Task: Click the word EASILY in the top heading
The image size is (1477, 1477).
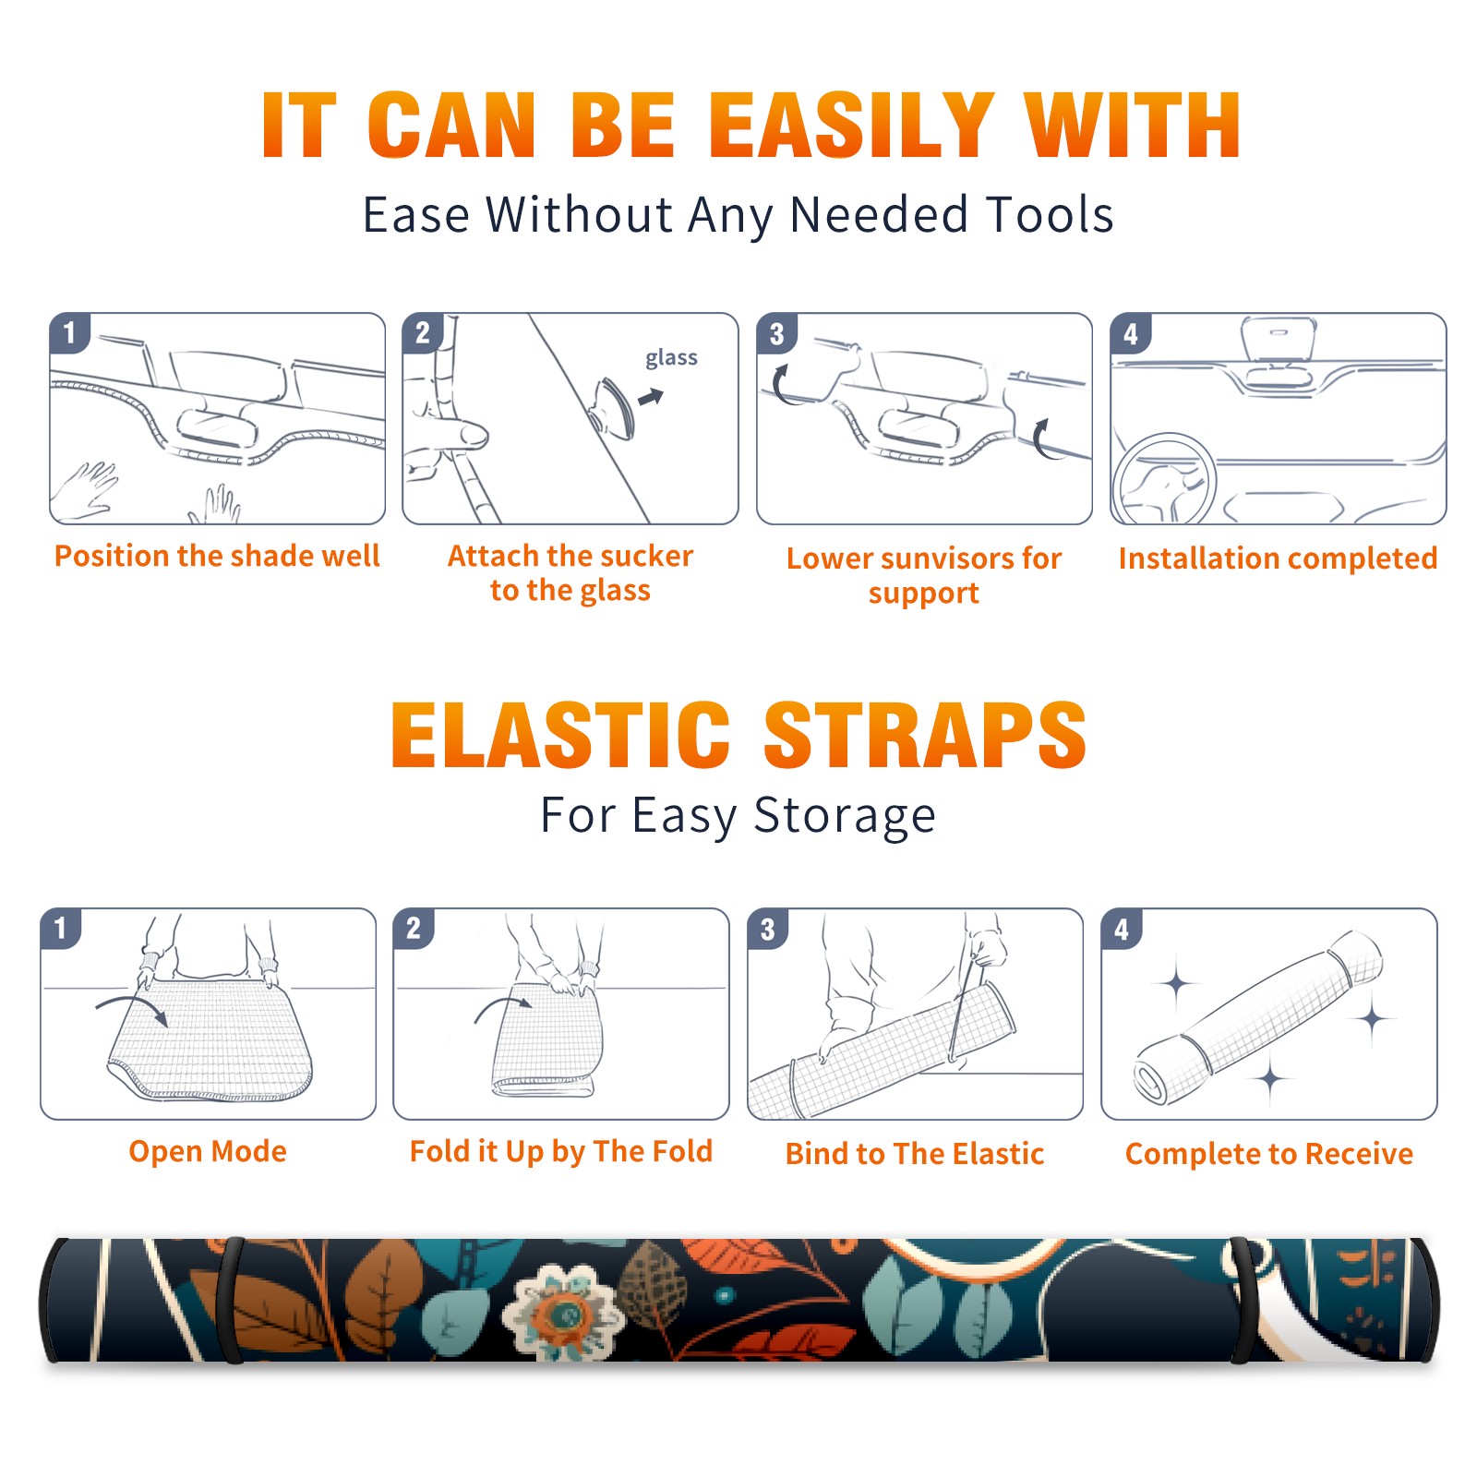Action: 850,126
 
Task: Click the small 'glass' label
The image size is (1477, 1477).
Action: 671,357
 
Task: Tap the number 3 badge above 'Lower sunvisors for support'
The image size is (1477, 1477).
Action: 777,333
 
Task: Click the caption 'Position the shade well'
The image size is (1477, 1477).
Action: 217,556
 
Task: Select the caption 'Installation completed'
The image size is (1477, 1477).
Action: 1278,558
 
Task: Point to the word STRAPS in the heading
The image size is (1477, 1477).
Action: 925,735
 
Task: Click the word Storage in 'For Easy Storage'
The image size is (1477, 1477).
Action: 845,815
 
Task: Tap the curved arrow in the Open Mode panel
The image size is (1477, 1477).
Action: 132,1006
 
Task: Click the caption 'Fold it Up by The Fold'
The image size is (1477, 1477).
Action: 561,1151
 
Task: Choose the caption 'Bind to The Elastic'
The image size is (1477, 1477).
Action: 915,1153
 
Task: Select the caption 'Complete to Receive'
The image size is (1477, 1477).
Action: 1269,1153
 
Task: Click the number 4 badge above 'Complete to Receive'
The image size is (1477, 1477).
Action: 1122,929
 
